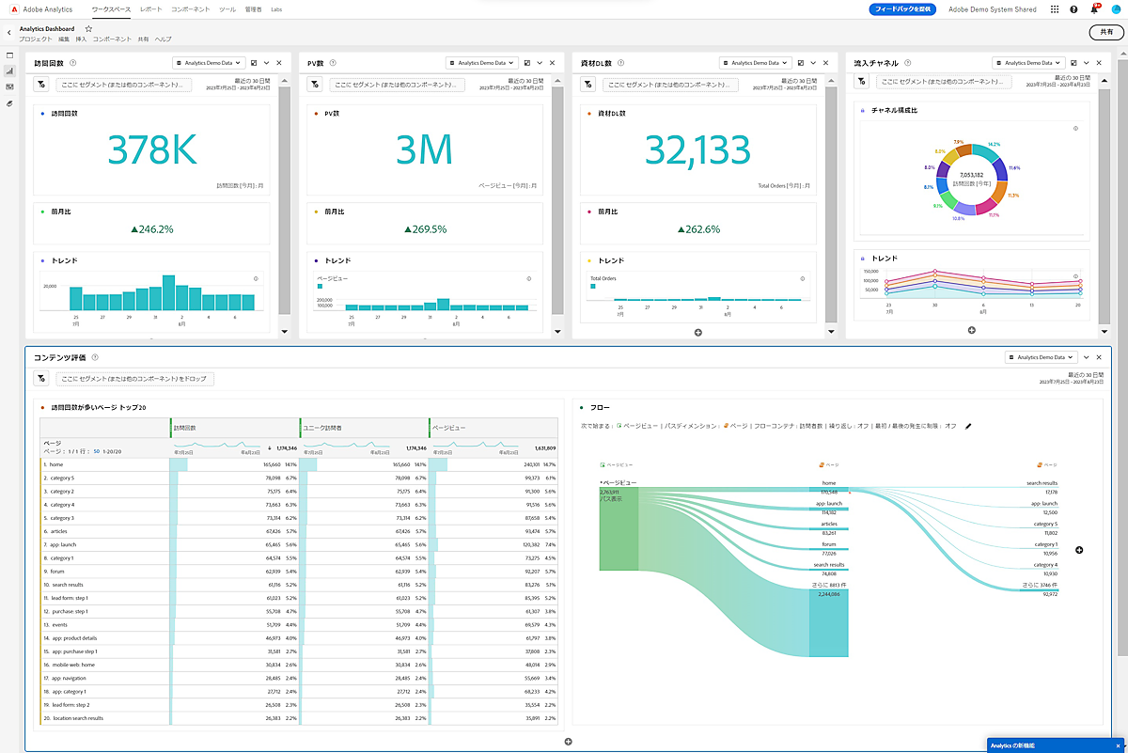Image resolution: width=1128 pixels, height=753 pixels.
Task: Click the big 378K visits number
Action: pyautogui.click(x=152, y=150)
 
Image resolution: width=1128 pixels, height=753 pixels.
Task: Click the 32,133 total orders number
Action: pyautogui.click(x=697, y=150)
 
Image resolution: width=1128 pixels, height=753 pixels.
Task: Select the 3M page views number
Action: pyautogui.click(x=425, y=150)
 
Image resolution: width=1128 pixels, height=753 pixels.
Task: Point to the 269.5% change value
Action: pyautogui.click(x=425, y=228)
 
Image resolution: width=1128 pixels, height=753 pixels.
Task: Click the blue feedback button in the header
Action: pyautogui.click(x=901, y=8)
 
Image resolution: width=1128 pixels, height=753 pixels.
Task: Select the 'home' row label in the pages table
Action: pyautogui.click(x=56, y=464)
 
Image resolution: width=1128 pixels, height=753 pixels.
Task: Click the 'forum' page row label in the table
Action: pyautogui.click(x=58, y=571)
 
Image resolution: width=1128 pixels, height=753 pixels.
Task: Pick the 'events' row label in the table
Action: pyautogui.click(x=59, y=624)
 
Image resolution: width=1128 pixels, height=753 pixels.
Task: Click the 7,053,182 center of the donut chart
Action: pyautogui.click(x=971, y=174)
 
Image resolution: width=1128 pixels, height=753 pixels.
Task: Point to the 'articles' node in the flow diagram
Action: pyautogui.click(x=828, y=525)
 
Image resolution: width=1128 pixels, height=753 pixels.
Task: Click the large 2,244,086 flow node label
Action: pyautogui.click(x=828, y=594)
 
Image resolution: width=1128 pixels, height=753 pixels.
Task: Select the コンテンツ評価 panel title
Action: pyautogui.click(x=59, y=357)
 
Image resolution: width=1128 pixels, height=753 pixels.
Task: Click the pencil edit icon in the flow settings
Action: pyautogui.click(x=968, y=426)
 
